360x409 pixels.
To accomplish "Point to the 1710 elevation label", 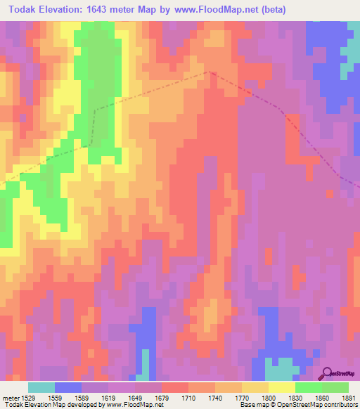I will coord(169,398).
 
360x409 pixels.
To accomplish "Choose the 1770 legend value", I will coord(223,398).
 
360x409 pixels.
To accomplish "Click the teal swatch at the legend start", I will coord(41,387).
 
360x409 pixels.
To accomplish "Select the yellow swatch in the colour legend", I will coord(282,387).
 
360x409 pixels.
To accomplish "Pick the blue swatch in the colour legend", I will coord(68,387).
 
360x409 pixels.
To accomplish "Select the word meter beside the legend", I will coord(11,398).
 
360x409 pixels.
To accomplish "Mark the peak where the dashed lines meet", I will coord(209,71).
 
